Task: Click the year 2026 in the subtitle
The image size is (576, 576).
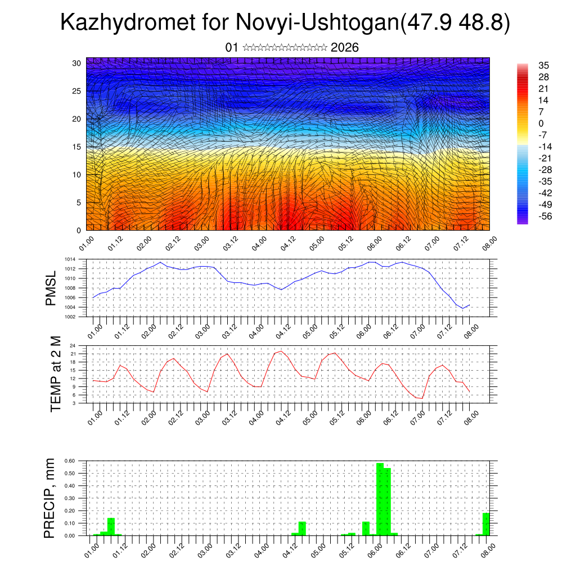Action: (x=345, y=47)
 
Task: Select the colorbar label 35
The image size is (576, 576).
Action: (x=543, y=65)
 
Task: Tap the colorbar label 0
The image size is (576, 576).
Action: (x=541, y=123)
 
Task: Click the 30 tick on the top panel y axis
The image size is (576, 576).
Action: (x=76, y=62)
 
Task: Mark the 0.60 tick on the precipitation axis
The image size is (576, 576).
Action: (x=70, y=461)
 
